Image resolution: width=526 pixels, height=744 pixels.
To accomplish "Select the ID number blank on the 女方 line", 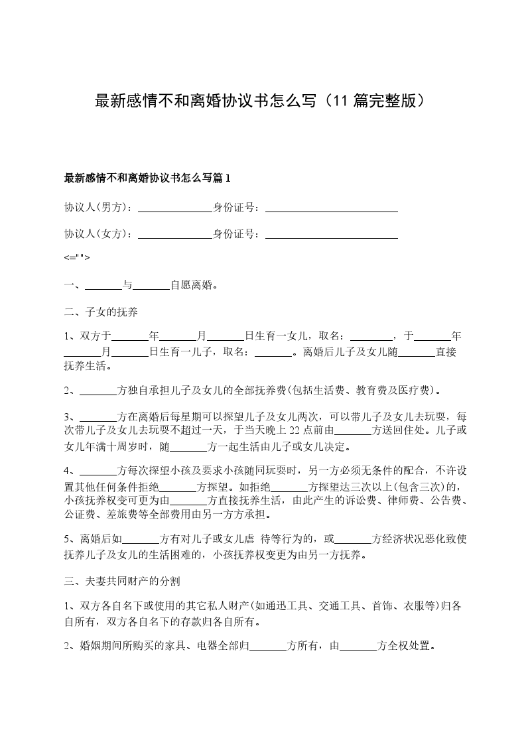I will click(x=331, y=233).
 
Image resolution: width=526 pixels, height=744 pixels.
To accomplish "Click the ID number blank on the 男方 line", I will click(x=331, y=208).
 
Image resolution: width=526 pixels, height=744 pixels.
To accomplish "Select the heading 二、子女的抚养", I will click(x=101, y=312).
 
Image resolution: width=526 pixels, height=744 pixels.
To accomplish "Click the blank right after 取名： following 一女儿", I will click(x=371, y=335).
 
